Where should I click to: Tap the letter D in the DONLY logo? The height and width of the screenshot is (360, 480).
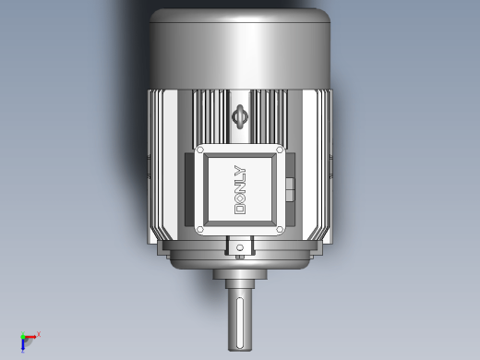pos(240,209)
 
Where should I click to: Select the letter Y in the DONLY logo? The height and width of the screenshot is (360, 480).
pos(240,170)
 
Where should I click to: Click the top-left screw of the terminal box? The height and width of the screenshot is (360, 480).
pos(200,150)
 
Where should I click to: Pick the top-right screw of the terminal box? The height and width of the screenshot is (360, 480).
pos(280,150)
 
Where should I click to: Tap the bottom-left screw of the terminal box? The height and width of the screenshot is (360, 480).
pos(200,229)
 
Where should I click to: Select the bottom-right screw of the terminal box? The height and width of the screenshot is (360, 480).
pos(280,229)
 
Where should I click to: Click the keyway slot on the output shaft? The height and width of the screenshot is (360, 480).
pos(240,323)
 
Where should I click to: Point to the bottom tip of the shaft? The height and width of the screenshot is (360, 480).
pos(240,351)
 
